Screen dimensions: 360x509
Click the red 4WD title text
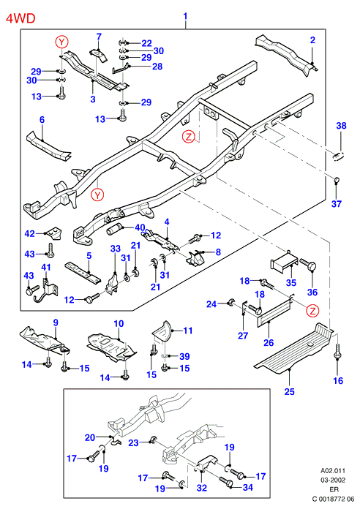click(20, 18)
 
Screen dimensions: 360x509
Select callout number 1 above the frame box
click(185, 16)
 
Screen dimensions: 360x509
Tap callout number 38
click(341, 126)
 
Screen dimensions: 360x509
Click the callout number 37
click(337, 204)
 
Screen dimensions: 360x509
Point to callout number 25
click(289, 392)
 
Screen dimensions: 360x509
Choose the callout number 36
click(312, 292)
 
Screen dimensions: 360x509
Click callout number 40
click(140, 227)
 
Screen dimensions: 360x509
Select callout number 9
click(56, 323)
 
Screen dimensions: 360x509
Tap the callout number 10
click(119, 324)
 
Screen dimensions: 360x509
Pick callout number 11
click(188, 331)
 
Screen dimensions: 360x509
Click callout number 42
click(29, 233)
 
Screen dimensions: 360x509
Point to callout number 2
click(312, 40)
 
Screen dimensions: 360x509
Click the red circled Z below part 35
click(312, 311)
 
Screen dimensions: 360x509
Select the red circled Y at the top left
click(61, 42)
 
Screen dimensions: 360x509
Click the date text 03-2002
click(333, 480)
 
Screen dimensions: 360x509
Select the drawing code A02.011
click(333, 470)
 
